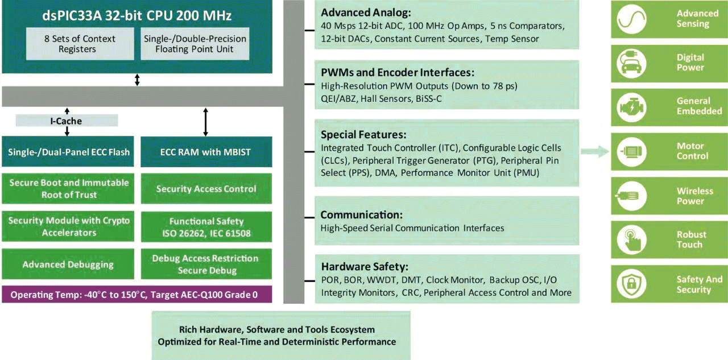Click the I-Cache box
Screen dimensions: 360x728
pyautogui.click(x=67, y=121)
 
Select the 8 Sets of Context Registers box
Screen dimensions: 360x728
pyautogui.click(x=80, y=44)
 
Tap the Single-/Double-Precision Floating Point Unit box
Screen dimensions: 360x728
pyautogui.click(x=195, y=44)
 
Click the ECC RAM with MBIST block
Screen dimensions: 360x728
pyautogui.click(x=205, y=152)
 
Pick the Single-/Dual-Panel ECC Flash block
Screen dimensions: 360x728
pyautogui.click(x=68, y=152)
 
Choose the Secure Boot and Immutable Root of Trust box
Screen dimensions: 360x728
pyautogui.click(x=68, y=189)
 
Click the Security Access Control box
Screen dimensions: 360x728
pyautogui.click(x=205, y=189)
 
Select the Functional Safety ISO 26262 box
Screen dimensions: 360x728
pyautogui.click(x=205, y=227)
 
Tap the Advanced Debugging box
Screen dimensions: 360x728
pyautogui.click(x=68, y=264)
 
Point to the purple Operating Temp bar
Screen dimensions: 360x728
pyautogui.click(x=137, y=295)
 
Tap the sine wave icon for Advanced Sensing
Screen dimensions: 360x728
pyautogui.click(x=633, y=19)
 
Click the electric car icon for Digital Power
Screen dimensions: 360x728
pyautogui.click(x=633, y=63)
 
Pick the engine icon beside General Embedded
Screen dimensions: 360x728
pyautogui.click(x=633, y=107)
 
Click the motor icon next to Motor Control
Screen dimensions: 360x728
pyautogui.click(x=633, y=151)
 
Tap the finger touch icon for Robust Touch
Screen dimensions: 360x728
pyautogui.click(x=633, y=239)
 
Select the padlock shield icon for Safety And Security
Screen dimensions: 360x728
pyautogui.click(x=633, y=284)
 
